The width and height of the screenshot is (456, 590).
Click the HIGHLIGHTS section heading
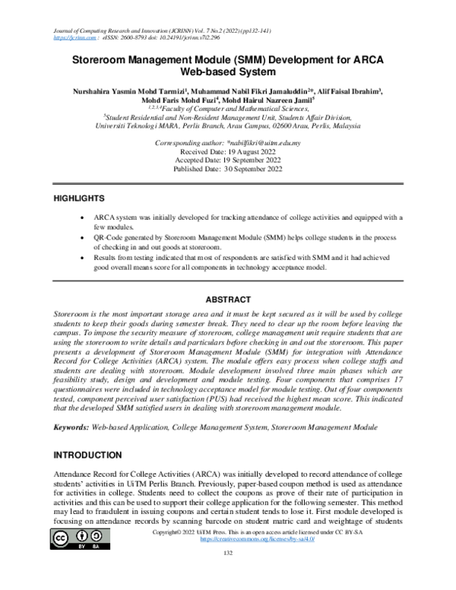click(x=78, y=198)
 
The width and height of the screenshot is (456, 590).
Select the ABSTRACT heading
click(x=229, y=299)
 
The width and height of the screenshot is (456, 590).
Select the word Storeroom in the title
click(x=103, y=59)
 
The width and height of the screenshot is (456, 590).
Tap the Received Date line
click(x=228, y=152)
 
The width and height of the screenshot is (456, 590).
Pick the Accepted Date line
click(x=228, y=160)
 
